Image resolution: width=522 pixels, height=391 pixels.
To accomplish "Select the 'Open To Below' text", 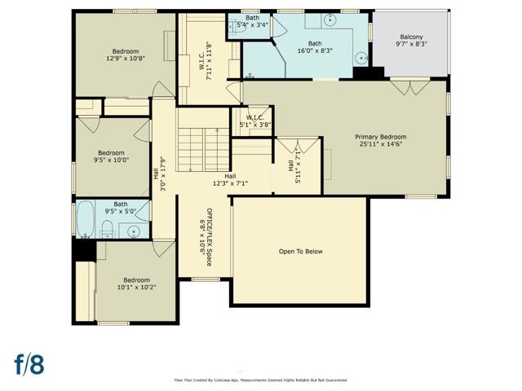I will pos(300,251).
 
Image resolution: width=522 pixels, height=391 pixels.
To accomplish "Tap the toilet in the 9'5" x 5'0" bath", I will pos(107,227).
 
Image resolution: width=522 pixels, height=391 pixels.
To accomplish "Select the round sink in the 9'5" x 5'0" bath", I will pos(133,231).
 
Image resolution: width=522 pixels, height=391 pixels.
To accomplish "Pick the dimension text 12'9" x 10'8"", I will pos(126,59).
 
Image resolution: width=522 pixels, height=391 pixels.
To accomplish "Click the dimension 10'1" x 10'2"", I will pos(135,287).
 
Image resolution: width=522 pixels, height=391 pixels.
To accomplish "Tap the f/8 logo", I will pos(29,363).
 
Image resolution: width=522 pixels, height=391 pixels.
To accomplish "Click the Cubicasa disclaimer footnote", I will pos(261,380).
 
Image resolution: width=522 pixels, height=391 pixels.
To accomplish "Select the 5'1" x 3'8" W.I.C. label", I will pos(258,121).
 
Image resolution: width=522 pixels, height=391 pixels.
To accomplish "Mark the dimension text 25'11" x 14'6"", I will pos(380,145).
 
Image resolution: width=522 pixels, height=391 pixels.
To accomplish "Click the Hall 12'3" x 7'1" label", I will pos(230,179).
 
